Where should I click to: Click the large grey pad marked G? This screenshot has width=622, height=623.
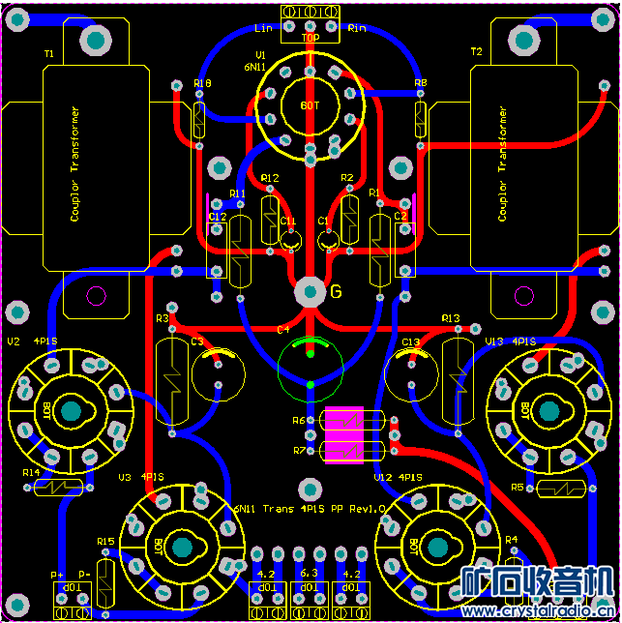(x=310, y=290)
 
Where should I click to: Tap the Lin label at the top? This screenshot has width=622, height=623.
(x=263, y=28)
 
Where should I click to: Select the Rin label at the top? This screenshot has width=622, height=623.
(x=356, y=28)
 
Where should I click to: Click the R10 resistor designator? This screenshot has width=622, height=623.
(x=202, y=84)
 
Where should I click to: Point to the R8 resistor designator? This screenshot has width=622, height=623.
(x=420, y=84)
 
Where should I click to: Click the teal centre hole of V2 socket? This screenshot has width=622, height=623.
(x=71, y=412)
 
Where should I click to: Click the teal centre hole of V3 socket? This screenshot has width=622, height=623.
(x=181, y=548)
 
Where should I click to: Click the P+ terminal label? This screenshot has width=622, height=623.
(x=58, y=575)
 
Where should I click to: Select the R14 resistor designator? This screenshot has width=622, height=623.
(x=32, y=473)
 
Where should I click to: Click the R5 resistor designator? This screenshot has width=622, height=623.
(x=518, y=487)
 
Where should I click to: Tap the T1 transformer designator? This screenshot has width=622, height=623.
(x=49, y=54)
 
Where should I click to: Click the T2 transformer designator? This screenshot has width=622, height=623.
(x=476, y=51)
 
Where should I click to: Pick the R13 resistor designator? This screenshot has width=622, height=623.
(x=451, y=318)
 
